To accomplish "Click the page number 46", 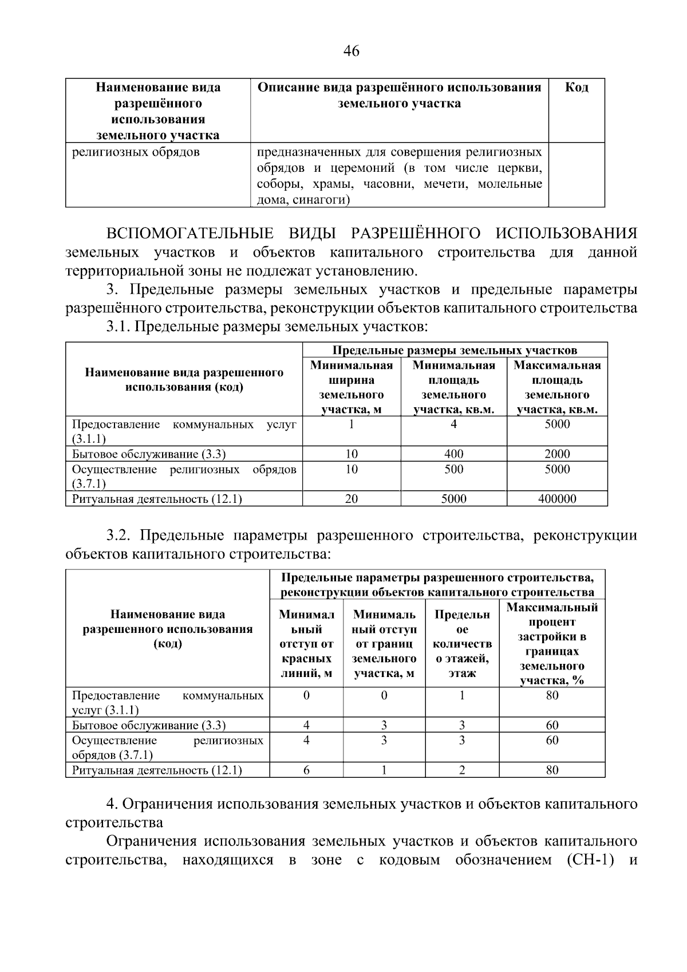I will [351, 52].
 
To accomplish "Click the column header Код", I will [576, 88].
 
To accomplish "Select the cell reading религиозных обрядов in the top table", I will [136, 152].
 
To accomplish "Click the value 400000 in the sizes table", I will [556, 499].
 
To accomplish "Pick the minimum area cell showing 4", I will [453, 424].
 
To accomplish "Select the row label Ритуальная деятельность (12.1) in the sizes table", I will [157, 499].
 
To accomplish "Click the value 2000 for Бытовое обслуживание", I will [556, 454].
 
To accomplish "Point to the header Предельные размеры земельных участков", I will [455, 350].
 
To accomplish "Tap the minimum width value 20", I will [351, 499].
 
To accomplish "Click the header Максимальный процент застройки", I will [552, 643].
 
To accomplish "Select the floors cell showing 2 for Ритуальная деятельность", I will [461, 770].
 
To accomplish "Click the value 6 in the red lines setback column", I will [306, 770].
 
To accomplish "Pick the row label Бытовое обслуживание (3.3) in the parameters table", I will [149, 725].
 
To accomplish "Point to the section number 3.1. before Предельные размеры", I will [119, 327].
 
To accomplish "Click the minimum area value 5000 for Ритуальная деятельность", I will [453, 499].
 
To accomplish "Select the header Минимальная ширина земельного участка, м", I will [351, 387].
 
